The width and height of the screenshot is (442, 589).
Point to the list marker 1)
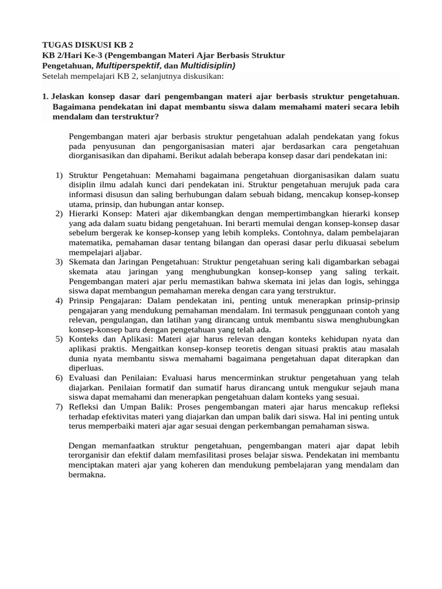tap(59, 175)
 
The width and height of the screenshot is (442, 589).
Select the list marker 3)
tap(59, 262)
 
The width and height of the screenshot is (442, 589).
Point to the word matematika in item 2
tap(91, 243)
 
